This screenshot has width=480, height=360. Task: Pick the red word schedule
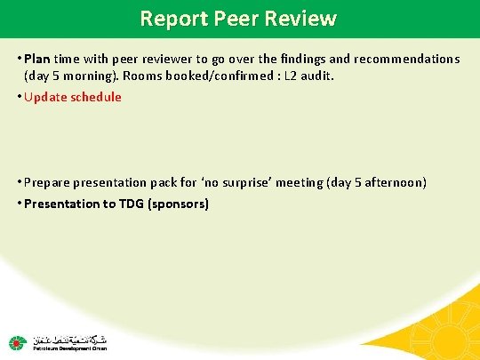coord(96,97)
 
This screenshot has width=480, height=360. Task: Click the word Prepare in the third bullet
coord(50,182)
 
